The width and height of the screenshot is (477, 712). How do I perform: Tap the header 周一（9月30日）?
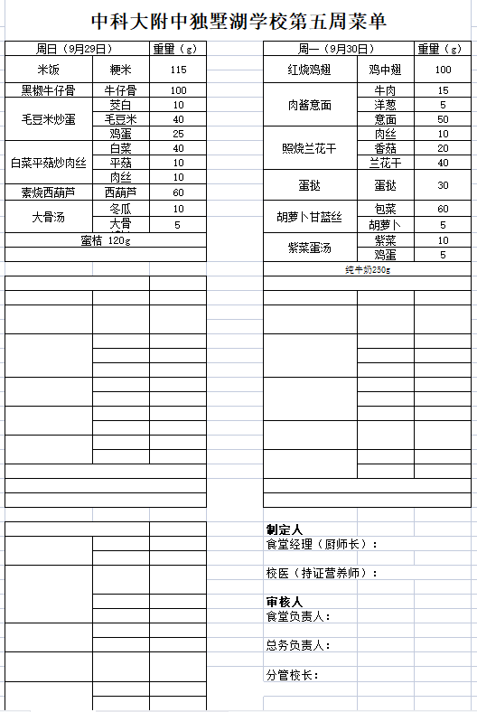(x=336, y=48)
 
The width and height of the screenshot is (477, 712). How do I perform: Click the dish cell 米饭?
(x=48, y=70)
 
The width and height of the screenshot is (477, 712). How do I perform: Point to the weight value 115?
(x=178, y=70)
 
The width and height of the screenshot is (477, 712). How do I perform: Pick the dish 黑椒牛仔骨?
(x=48, y=90)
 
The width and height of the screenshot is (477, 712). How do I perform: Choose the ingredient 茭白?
(x=121, y=105)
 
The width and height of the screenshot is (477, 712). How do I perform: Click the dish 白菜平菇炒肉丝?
(x=48, y=163)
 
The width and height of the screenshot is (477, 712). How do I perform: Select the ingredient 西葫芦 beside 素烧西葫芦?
(x=121, y=192)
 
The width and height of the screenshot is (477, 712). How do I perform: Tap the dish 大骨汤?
(x=48, y=217)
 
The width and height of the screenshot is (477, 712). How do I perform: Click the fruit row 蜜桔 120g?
(x=106, y=240)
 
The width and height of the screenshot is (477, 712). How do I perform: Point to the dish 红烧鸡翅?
(x=309, y=70)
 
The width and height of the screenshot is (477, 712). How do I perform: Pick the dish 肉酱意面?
(x=309, y=105)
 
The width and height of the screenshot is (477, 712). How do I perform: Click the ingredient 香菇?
(x=386, y=148)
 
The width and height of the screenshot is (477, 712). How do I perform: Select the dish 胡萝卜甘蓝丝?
(x=309, y=217)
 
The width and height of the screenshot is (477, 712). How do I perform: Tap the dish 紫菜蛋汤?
(x=309, y=248)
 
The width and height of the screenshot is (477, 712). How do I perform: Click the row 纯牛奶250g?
(x=367, y=269)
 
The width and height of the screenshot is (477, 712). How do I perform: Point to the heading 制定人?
(x=284, y=529)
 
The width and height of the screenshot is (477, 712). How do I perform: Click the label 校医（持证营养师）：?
(x=322, y=573)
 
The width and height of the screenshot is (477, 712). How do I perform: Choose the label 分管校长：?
(x=293, y=674)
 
